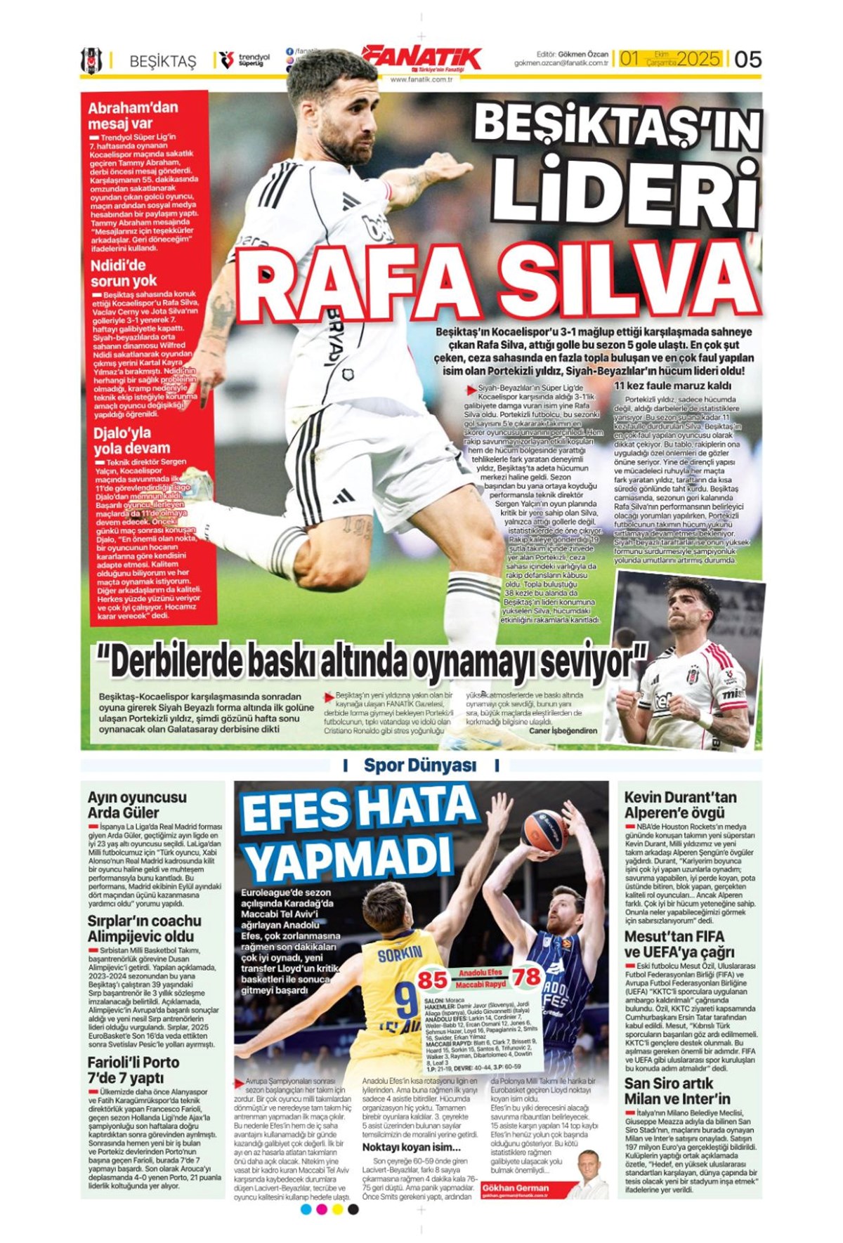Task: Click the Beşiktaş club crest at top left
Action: pos(91,61)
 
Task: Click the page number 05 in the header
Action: pos(747,59)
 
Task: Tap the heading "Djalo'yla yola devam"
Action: pos(131,440)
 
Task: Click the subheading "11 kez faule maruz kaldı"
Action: pos(672,386)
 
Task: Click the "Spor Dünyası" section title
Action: pos(419,765)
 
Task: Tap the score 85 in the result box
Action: pos(432,980)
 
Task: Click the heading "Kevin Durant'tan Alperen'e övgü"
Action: pos(680,805)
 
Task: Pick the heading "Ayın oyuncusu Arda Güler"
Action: pos(137,805)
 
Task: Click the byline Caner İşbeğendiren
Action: pos(563,731)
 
